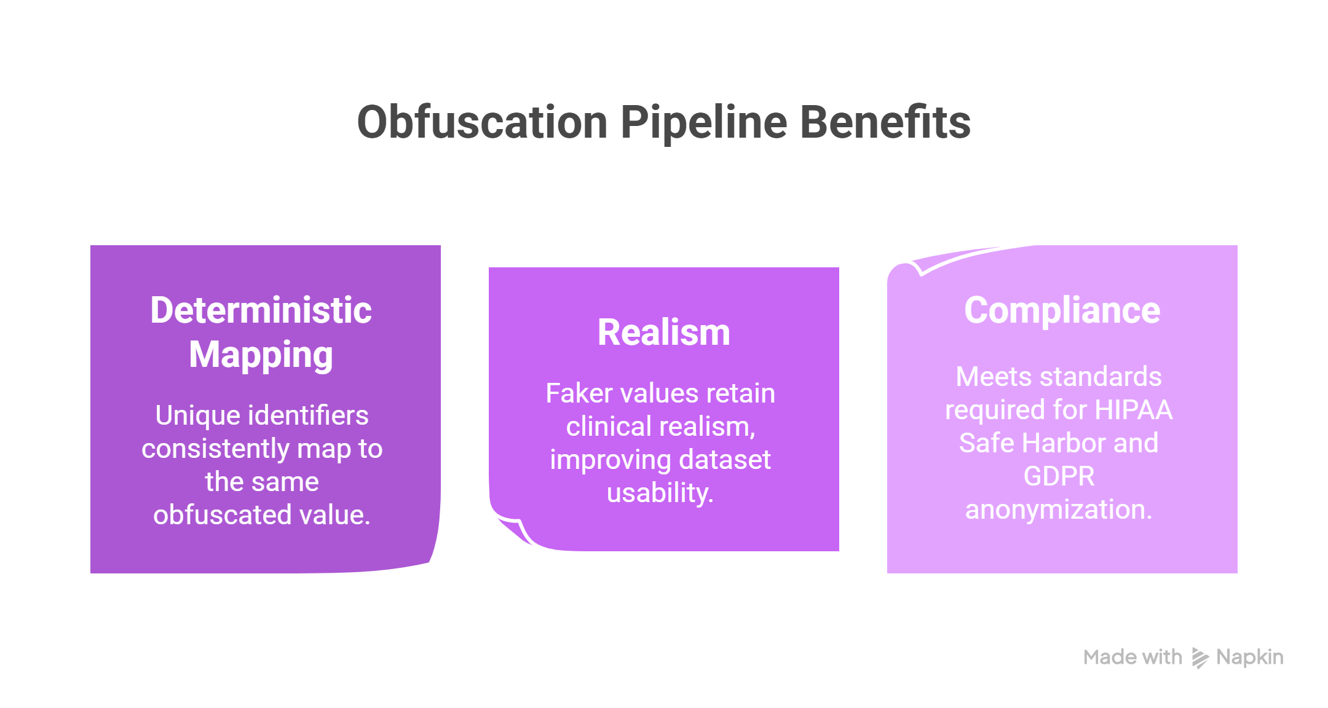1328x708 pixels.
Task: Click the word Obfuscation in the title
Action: [483, 122]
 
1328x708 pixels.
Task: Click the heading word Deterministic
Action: [261, 310]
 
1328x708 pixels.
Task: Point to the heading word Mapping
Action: [261, 356]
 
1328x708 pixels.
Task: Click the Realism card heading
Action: [664, 332]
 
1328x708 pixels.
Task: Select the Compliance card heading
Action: [1062, 310]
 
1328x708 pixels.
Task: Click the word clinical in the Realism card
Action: [609, 427]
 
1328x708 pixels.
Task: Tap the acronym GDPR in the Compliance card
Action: [1059, 476]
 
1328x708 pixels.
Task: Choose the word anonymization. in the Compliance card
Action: [1059, 510]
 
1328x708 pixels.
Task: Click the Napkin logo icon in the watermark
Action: [1200, 658]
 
